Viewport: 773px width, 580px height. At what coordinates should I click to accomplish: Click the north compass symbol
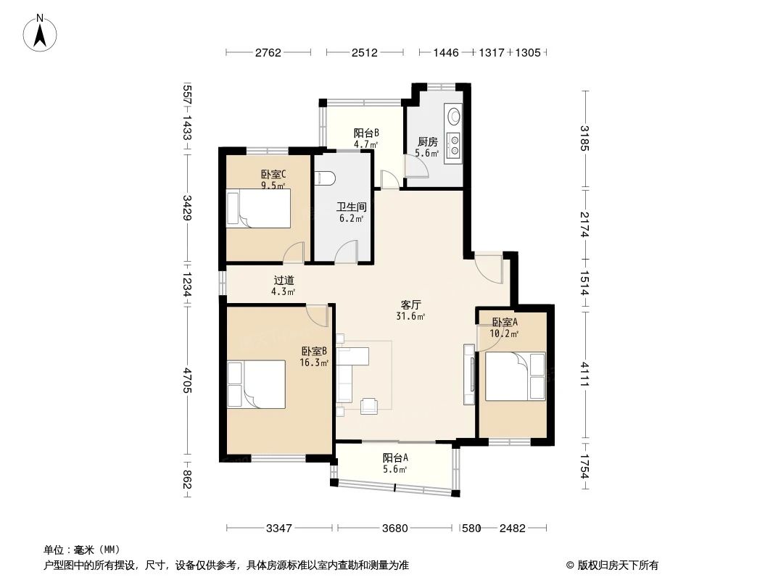(41, 33)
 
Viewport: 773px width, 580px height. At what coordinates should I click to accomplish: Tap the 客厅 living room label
(411, 304)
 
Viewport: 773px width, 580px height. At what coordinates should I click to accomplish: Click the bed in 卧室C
(258, 208)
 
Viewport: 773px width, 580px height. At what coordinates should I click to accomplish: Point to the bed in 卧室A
(514, 376)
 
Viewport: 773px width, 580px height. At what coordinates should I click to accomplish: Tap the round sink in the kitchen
(454, 115)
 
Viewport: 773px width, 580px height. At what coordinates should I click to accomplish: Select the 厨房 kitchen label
(427, 142)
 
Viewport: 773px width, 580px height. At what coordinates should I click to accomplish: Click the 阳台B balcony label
(366, 133)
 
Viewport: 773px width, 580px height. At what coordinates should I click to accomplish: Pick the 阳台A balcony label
(395, 457)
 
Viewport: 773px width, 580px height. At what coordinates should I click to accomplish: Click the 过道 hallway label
(284, 281)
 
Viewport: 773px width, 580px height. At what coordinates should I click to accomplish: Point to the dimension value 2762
(268, 53)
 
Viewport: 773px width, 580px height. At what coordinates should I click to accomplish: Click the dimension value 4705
(187, 381)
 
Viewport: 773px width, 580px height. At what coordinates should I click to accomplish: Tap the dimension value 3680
(395, 529)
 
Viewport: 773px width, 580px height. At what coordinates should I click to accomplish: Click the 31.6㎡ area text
(411, 316)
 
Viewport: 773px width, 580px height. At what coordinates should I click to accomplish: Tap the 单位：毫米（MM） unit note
(81, 550)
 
